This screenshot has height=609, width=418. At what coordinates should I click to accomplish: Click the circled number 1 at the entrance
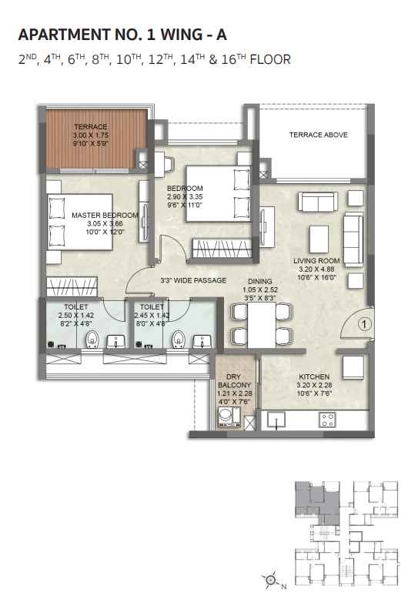pyautogui.click(x=364, y=324)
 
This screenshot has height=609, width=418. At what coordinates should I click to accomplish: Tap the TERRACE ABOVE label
pyautogui.click(x=318, y=135)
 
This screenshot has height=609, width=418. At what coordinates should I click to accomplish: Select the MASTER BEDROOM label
pyautogui.click(x=105, y=215)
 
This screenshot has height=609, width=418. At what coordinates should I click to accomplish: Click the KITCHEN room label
pyautogui.click(x=314, y=376)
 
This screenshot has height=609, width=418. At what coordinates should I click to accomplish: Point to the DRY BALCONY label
pyautogui.click(x=234, y=380)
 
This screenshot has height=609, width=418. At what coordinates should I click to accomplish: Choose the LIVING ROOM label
pyautogui.click(x=316, y=260)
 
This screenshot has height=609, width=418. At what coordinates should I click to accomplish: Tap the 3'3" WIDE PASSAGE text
pyautogui.click(x=193, y=280)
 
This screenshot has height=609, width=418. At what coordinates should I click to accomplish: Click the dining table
pyautogui.click(x=262, y=325)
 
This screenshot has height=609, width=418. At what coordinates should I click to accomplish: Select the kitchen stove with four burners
pyautogui.click(x=327, y=420)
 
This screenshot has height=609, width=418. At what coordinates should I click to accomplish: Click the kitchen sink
pyautogui.click(x=276, y=420)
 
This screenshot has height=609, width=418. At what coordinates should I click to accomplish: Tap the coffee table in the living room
pyautogui.click(x=319, y=239)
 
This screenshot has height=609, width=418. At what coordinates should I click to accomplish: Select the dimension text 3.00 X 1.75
pyautogui.click(x=91, y=136)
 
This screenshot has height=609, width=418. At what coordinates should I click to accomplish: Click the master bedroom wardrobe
pyautogui.click(x=72, y=287)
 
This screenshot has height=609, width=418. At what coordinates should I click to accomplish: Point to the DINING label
pyautogui.click(x=260, y=281)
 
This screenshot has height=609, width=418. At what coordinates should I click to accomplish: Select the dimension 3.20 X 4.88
pyautogui.click(x=316, y=269)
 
